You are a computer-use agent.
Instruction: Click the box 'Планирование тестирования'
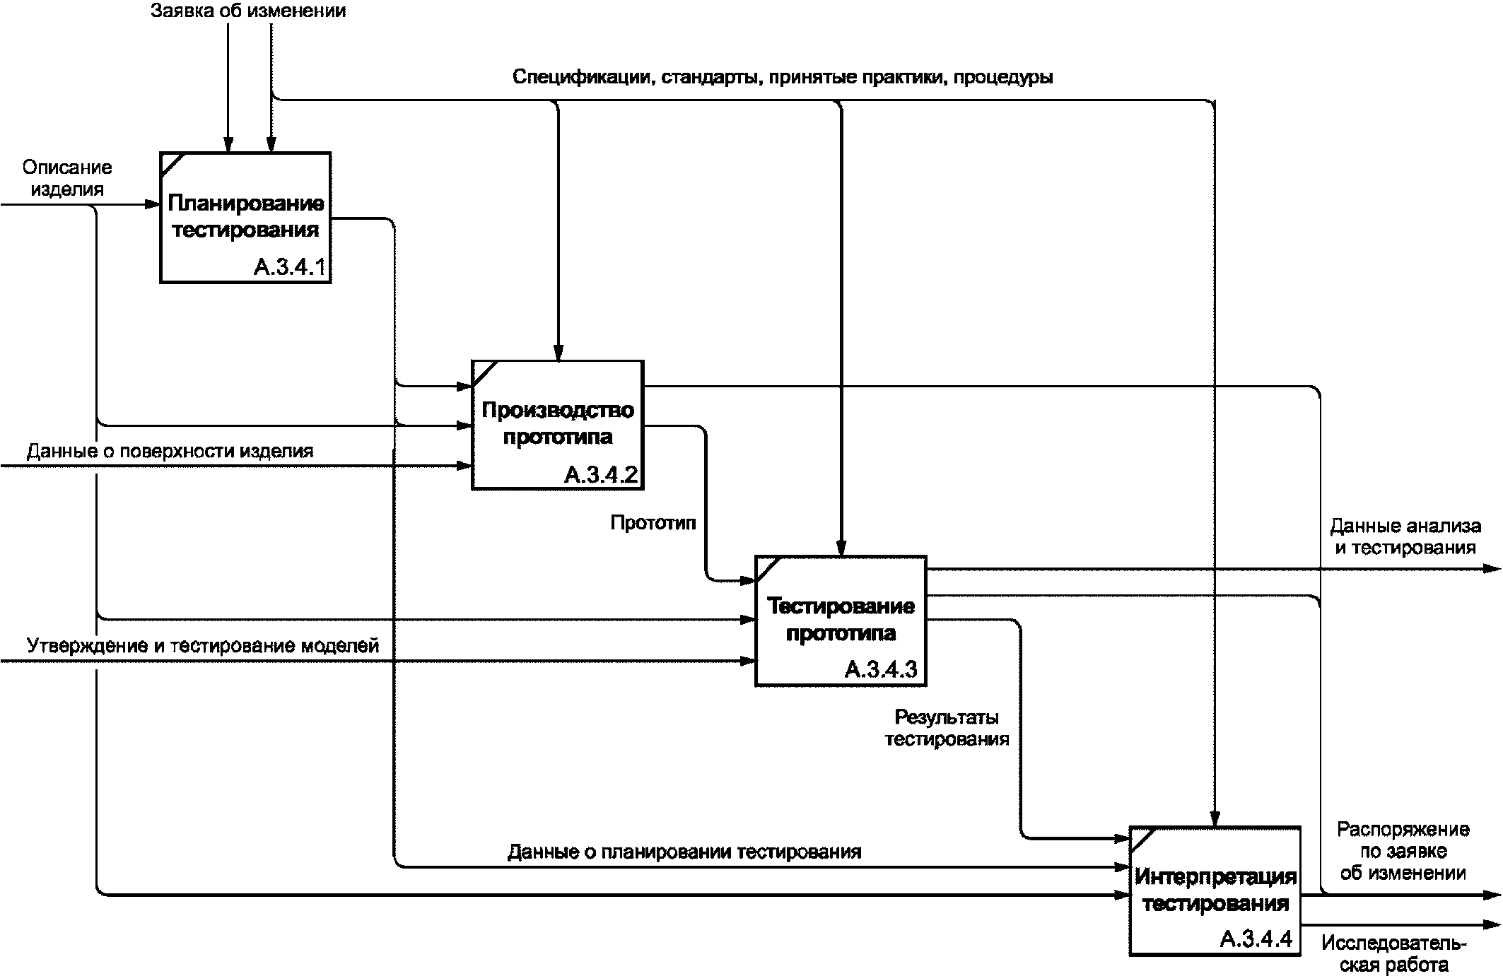pos(245,217)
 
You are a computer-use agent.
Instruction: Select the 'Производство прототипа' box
pos(558,424)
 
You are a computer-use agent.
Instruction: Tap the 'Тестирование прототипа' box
pos(841,620)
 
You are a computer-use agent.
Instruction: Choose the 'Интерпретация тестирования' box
pos(1215,890)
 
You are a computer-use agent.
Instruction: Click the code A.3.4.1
pos(291,268)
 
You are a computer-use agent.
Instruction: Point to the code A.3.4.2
pos(602,474)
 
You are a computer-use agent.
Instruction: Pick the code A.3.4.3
pos(881,670)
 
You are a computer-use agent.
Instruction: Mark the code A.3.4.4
pos(1256,939)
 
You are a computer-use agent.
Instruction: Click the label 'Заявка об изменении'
pos(248,11)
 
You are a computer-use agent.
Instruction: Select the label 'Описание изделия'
pos(67,178)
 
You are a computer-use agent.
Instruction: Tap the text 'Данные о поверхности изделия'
pos(170,451)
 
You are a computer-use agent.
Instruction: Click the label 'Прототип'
pos(653,523)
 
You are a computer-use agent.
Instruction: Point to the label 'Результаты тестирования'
pos(947,729)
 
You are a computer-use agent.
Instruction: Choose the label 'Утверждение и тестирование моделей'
pos(203,645)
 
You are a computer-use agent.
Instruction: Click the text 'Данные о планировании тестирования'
pos(684,852)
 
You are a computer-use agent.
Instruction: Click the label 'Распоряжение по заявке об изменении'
pos(1403,851)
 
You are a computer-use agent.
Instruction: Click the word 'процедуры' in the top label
pos(1003,76)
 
